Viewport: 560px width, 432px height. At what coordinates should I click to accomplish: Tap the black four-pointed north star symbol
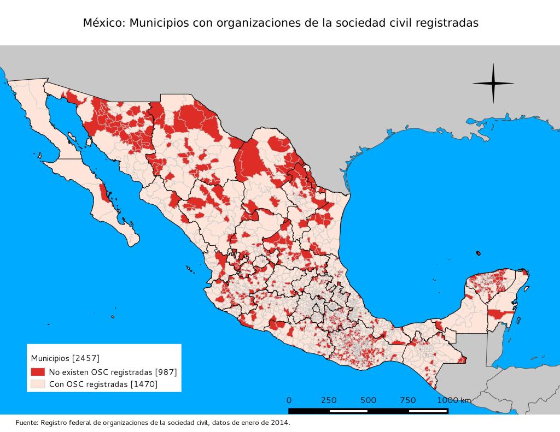(x=493, y=84)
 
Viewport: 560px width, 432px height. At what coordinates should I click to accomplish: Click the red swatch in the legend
(x=37, y=372)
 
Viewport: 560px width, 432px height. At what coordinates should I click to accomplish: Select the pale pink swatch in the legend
(x=37, y=384)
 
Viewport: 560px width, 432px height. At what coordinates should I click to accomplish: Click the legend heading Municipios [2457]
(x=65, y=359)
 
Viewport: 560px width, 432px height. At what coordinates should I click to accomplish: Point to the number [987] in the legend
(x=166, y=372)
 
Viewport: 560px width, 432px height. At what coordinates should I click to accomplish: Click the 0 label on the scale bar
(x=289, y=400)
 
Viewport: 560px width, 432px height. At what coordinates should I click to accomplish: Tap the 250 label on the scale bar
(x=329, y=400)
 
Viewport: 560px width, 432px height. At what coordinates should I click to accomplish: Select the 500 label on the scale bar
(x=368, y=400)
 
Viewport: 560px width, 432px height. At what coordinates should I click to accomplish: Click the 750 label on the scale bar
(x=408, y=400)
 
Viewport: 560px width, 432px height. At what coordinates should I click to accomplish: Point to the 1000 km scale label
(x=453, y=400)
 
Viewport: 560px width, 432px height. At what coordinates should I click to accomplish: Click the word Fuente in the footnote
(x=27, y=423)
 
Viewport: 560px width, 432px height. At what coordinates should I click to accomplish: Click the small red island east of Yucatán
(x=479, y=253)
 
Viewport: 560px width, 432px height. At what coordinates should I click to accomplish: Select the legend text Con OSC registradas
(x=87, y=384)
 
